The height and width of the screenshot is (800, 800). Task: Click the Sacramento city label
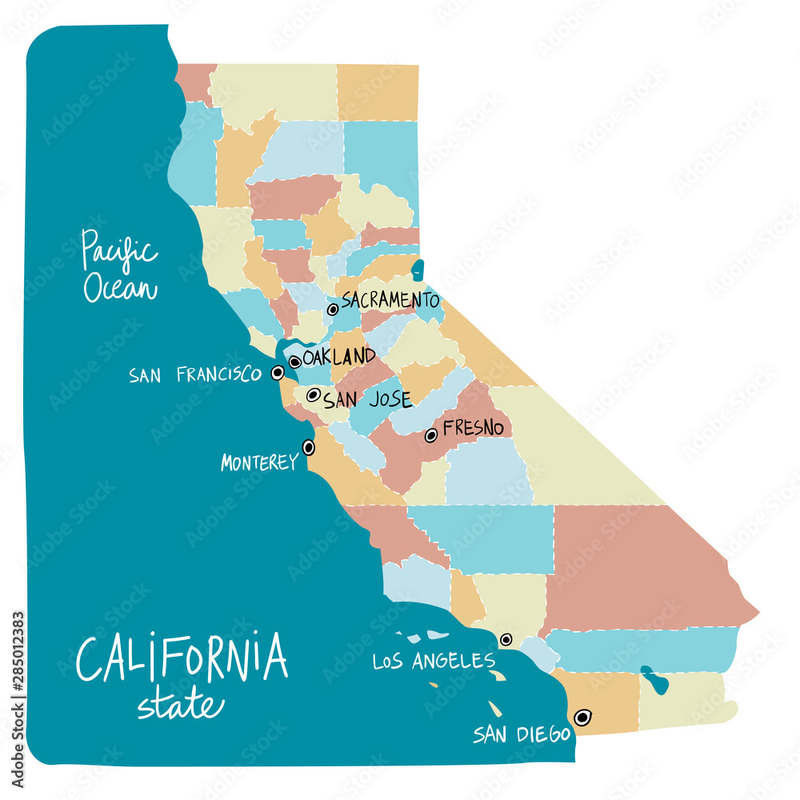point(390,301)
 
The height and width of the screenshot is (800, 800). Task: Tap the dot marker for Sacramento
point(333,310)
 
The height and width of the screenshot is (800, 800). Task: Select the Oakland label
point(339,357)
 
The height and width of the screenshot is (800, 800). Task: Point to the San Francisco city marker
point(278,372)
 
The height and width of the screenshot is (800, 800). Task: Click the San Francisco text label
point(194,374)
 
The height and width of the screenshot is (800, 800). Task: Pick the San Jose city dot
point(314,394)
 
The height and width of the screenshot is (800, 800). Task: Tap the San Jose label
point(367,398)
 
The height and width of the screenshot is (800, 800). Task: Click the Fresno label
point(474,429)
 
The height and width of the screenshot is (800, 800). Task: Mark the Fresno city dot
point(431,435)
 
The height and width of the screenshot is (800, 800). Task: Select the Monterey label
point(258,462)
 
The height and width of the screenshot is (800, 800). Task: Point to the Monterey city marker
point(308,448)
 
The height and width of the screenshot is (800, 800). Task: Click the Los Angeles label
point(434,661)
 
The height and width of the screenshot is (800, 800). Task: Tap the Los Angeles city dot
point(506,640)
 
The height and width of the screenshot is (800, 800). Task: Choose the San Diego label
point(521,734)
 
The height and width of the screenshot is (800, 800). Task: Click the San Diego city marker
point(582,717)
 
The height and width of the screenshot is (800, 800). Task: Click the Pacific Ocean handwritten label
point(120,266)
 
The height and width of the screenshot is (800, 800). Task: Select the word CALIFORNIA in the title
point(182,658)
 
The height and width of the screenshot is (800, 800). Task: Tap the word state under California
point(180,705)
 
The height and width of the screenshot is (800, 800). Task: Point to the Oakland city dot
point(295,362)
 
